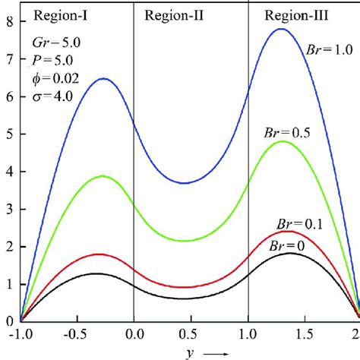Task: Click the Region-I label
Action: [x=50, y=16]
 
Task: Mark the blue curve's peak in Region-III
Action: [x=281, y=29]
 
